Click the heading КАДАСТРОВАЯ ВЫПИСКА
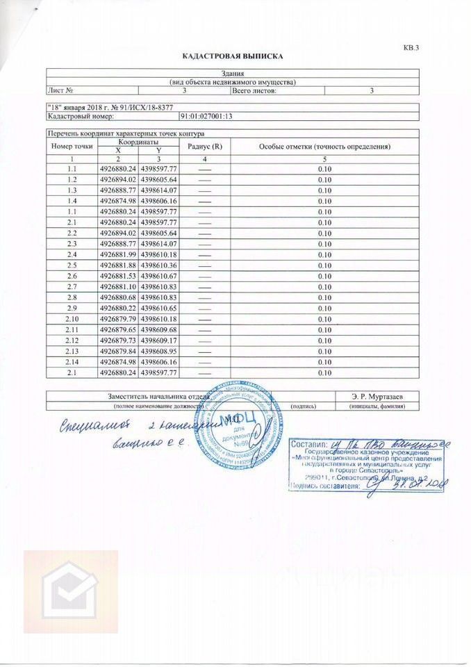tap(233, 56)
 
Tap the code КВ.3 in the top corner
tap(411, 47)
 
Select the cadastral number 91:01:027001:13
tap(206, 117)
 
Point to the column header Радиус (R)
tap(205, 147)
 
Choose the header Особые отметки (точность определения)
tap(324, 147)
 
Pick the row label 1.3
tap(72, 190)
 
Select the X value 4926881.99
tap(117, 255)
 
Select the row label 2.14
tap(72, 362)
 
